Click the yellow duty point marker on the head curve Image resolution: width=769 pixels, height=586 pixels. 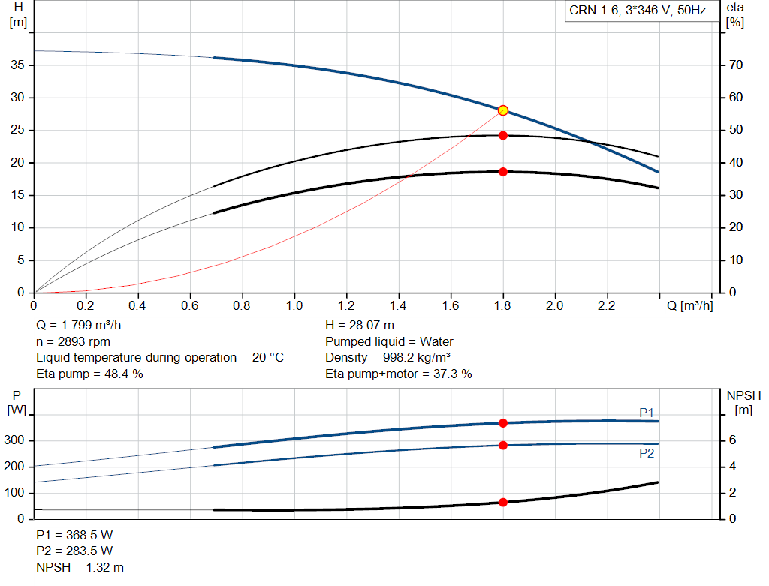pyautogui.click(x=503, y=110)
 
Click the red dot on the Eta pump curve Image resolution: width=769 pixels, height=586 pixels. pyautogui.click(x=503, y=136)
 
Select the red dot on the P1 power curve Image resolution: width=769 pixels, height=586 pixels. pyautogui.click(x=503, y=423)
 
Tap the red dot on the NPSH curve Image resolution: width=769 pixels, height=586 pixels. pyautogui.click(x=503, y=502)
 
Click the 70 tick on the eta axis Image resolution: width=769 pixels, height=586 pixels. pyautogui.click(x=735, y=65)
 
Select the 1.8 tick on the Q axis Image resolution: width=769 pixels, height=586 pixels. pyautogui.click(x=502, y=306)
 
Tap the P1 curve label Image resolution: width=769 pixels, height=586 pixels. pyautogui.click(x=647, y=413)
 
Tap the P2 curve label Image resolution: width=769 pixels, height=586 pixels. pyautogui.click(x=647, y=453)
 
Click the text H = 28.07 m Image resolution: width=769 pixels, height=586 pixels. pyautogui.click(x=360, y=326)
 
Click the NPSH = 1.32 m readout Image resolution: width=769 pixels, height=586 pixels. pyautogui.click(x=80, y=567)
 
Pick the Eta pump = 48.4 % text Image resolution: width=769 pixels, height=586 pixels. pyautogui.click(x=89, y=374)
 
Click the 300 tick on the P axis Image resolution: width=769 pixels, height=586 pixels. pyautogui.click(x=16, y=440)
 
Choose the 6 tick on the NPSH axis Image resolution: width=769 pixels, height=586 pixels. pyautogui.click(x=731, y=440)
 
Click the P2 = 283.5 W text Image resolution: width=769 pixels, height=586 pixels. pyautogui.click(x=74, y=551)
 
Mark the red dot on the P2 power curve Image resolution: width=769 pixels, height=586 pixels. pyautogui.click(x=503, y=445)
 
